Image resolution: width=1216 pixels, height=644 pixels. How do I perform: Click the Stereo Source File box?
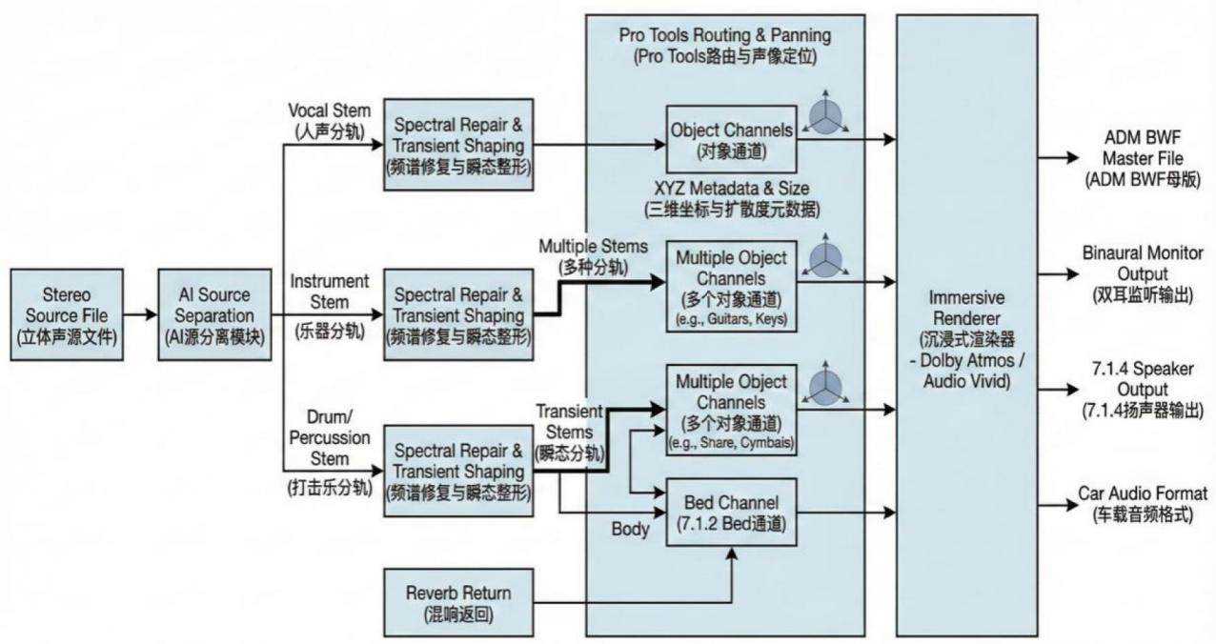click(x=67, y=314)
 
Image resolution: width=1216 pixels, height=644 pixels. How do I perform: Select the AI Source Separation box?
click(x=214, y=314)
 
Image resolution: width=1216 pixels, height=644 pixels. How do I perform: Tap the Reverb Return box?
click(x=458, y=602)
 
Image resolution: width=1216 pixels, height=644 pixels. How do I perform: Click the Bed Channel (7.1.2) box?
click(x=731, y=513)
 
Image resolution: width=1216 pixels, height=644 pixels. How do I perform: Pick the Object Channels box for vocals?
click(x=731, y=139)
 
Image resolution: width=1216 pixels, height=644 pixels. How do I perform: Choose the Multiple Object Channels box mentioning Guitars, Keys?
click(x=731, y=287)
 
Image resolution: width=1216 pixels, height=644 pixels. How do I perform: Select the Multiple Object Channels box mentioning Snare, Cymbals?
click(x=731, y=411)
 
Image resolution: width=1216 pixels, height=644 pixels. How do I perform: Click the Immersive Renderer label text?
click(x=967, y=339)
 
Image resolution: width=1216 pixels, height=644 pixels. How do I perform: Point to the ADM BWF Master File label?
click(x=1143, y=158)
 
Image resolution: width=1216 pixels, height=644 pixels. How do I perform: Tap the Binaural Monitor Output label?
click(x=1143, y=274)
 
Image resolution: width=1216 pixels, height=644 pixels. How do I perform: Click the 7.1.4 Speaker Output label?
click(x=1143, y=390)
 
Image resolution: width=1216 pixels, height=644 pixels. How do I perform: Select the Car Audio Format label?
click(x=1143, y=504)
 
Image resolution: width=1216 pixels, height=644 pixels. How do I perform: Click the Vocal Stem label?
click(x=330, y=120)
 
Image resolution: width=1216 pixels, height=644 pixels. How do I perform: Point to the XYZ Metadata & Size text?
click(x=732, y=198)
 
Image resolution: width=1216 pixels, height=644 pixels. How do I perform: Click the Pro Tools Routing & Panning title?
click(x=725, y=46)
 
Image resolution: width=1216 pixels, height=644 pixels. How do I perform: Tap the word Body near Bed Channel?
click(x=630, y=529)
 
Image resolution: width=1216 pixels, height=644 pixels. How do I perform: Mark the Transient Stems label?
click(x=570, y=432)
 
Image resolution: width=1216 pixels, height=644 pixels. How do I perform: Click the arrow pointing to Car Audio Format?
click(x=1058, y=505)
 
